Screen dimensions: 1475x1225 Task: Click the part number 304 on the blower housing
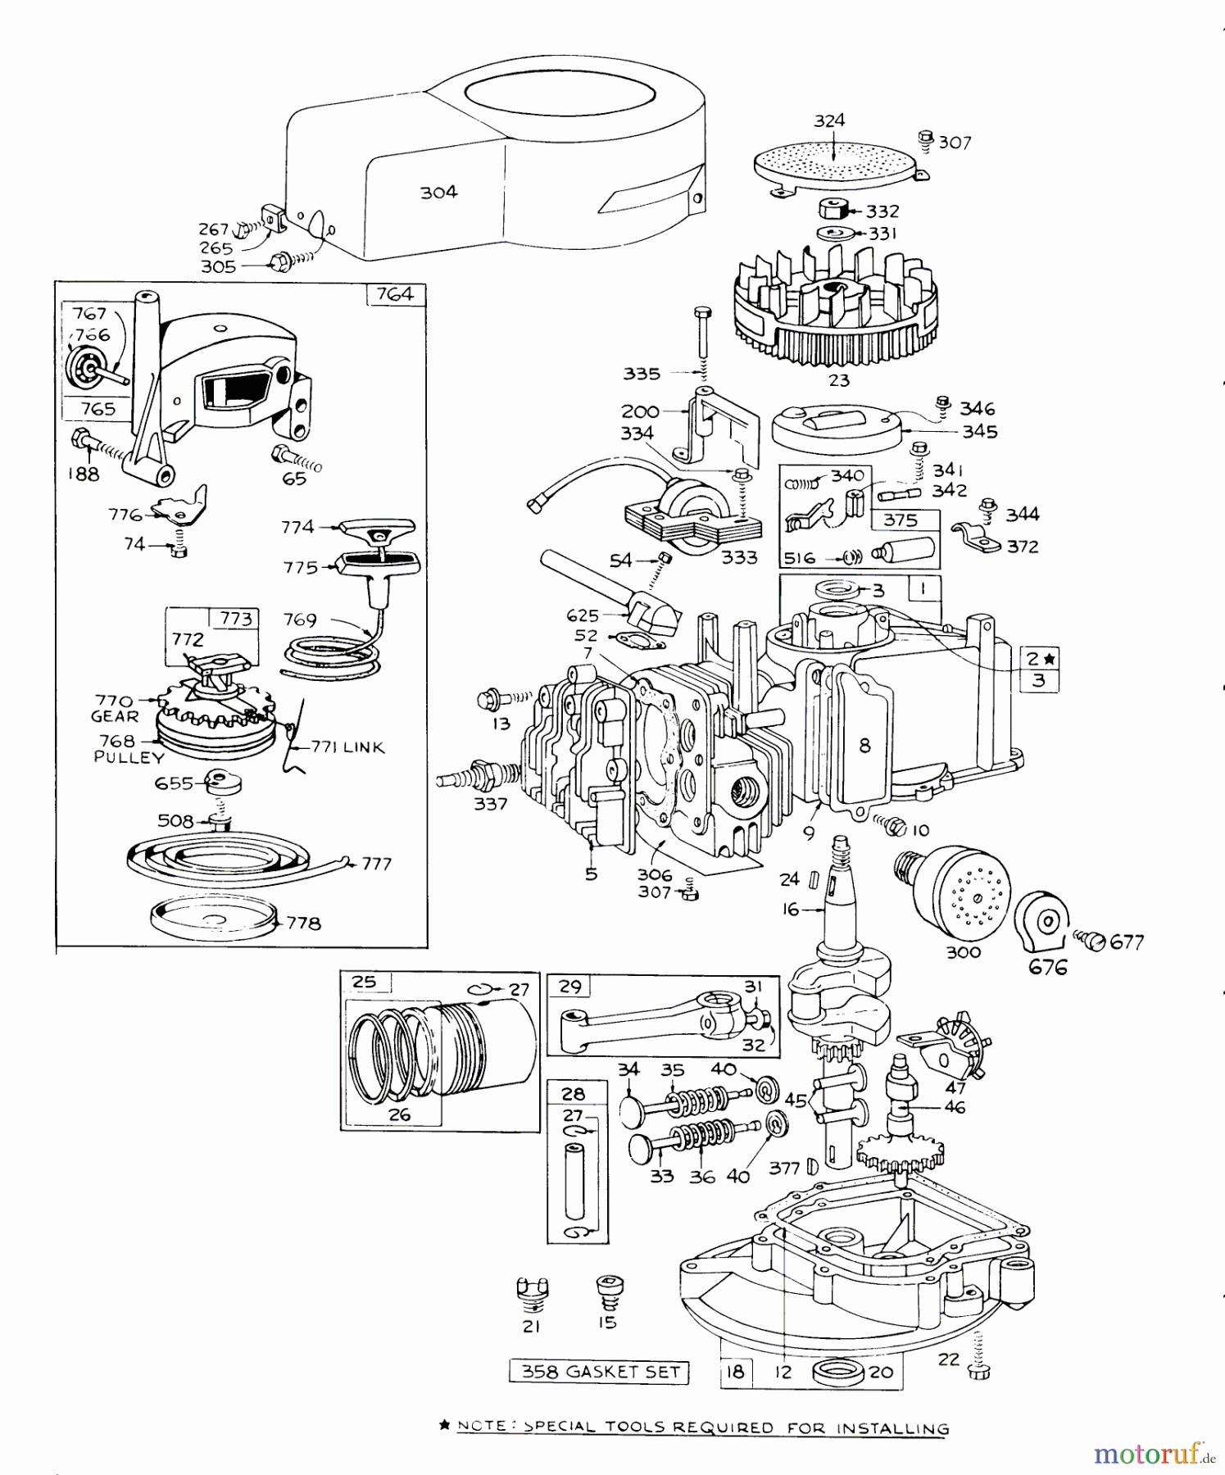pos(438,193)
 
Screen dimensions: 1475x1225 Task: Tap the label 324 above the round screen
pos(829,120)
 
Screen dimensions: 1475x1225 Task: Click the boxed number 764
pos(395,294)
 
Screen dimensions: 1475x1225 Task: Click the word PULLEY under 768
pos(129,758)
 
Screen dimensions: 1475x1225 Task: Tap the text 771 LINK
pos(347,747)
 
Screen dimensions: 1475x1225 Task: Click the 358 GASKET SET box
pos(599,1372)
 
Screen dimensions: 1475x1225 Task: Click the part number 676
pos(1048,968)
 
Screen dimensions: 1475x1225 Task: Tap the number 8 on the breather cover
pos(864,746)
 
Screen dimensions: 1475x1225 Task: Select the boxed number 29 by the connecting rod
pos(570,987)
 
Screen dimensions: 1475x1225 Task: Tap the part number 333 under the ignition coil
pos(738,558)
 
